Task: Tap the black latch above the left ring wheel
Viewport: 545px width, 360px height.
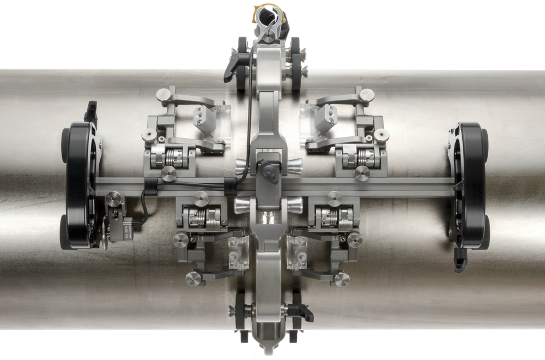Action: [x=90, y=112]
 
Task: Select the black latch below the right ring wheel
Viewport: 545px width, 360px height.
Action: [x=461, y=261]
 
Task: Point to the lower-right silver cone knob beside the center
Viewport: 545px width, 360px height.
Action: [x=295, y=205]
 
